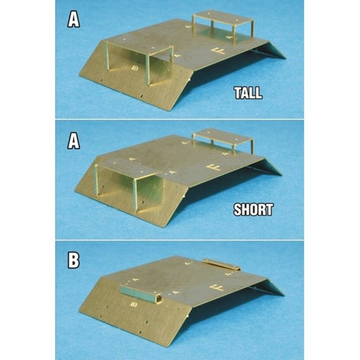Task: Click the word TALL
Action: (x=247, y=93)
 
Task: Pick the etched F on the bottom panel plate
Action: (x=221, y=288)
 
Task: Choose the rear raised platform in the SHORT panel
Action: (x=224, y=134)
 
